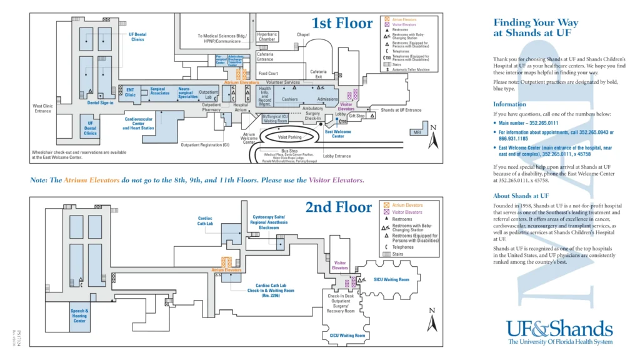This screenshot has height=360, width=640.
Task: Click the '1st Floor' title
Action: [x=342, y=24]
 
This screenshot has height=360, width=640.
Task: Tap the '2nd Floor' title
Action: [x=338, y=207]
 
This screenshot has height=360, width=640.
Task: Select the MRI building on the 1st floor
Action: [x=417, y=132]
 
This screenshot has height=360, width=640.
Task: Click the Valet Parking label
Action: [x=287, y=137]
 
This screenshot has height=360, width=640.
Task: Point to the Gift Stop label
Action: [x=357, y=116]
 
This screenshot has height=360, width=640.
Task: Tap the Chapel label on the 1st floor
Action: [x=303, y=35]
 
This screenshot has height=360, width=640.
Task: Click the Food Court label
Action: [x=269, y=73]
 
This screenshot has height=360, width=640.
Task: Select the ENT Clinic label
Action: [x=130, y=92]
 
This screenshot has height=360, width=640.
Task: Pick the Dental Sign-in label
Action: [x=100, y=102]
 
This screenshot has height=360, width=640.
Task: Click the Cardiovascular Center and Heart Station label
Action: [x=139, y=123]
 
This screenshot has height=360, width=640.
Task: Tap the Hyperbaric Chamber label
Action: [x=267, y=37]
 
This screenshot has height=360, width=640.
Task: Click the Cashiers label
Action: [x=289, y=99]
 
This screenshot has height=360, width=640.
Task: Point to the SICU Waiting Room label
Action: [x=391, y=279]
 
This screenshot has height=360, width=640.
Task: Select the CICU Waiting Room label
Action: [x=347, y=336]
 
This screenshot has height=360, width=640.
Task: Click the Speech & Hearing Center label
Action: [x=79, y=316]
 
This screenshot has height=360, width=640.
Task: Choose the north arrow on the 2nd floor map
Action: [x=431, y=320]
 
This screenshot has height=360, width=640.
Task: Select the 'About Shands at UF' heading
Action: [x=522, y=196]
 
